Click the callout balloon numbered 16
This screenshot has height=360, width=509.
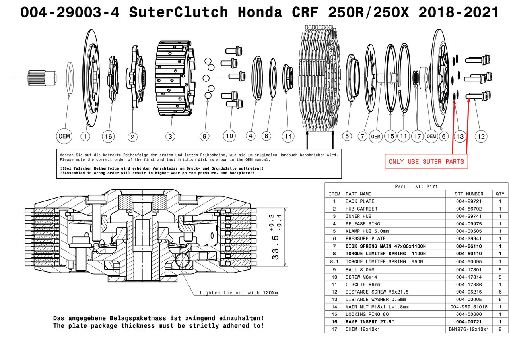click(x=108, y=137)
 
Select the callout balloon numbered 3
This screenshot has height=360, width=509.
click(x=170, y=137)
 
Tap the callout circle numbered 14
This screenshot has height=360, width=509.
click(x=288, y=136)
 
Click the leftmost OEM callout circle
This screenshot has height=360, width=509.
click(x=64, y=136)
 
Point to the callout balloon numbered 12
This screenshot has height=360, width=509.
click(x=481, y=136)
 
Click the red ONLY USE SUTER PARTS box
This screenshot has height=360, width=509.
click(x=426, y=161)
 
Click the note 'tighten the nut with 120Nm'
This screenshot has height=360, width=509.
click(x=239, y=293)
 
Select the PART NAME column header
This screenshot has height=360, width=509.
click(x=358, y=194)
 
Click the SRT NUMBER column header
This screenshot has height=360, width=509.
click(x=469, y=194)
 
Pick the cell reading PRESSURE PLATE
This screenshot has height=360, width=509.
click(x=365, y=238)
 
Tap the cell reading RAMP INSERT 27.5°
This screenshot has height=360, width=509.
click(x=370, y=321)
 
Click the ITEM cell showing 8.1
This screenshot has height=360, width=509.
click(x=334, y=261)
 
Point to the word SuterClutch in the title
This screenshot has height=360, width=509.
click(x=178, y=13)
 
